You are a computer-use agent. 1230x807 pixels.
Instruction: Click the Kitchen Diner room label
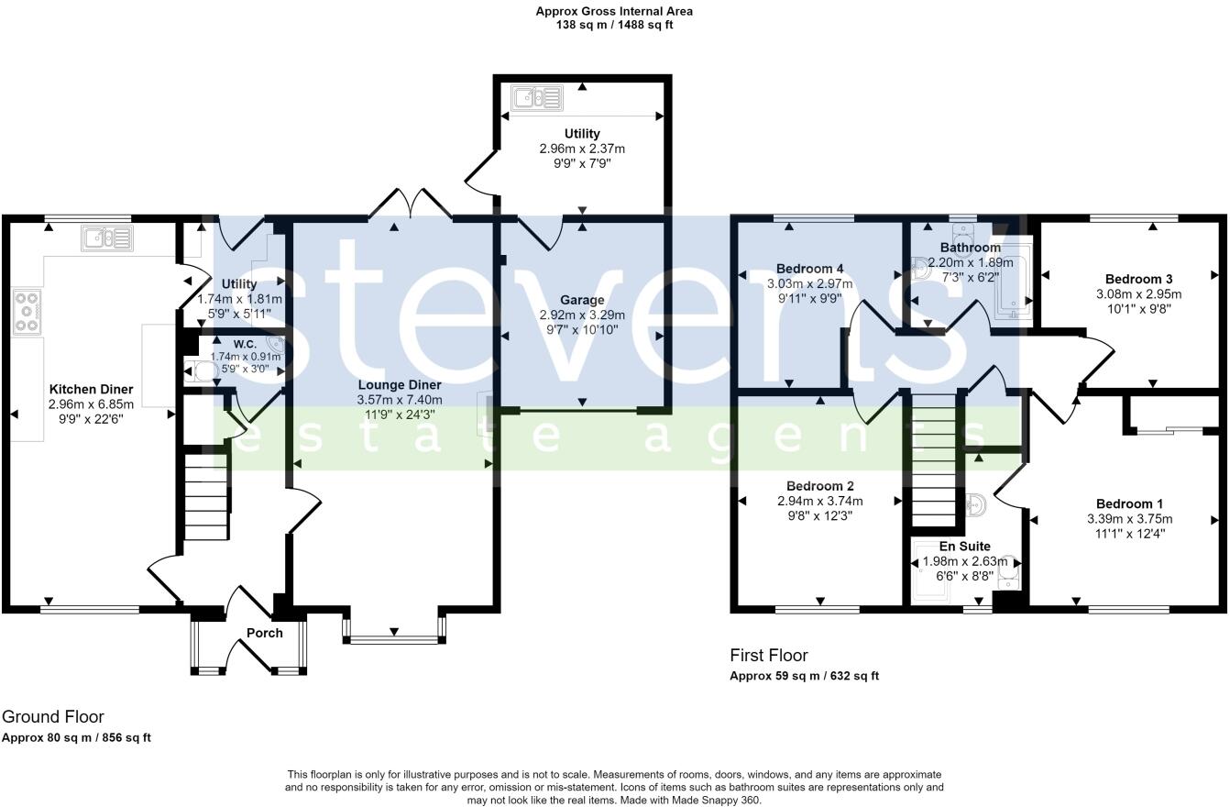91,390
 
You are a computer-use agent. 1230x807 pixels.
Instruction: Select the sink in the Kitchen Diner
107,238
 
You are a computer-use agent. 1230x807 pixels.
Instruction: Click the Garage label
582,300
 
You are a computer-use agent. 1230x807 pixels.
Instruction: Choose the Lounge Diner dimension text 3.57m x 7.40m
400,400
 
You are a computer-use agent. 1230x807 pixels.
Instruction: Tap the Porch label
264,633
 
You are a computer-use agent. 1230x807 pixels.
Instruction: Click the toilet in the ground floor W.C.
201,371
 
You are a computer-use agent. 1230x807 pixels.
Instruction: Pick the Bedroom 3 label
1138,279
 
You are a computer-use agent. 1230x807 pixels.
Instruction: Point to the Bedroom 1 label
1129,503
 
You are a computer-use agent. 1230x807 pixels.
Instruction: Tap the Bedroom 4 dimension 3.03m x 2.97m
809,284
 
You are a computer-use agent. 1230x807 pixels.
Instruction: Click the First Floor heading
769,656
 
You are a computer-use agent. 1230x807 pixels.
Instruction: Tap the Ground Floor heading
52,717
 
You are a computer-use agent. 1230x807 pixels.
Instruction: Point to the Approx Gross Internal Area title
614,12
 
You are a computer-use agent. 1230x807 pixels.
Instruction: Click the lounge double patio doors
410,204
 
